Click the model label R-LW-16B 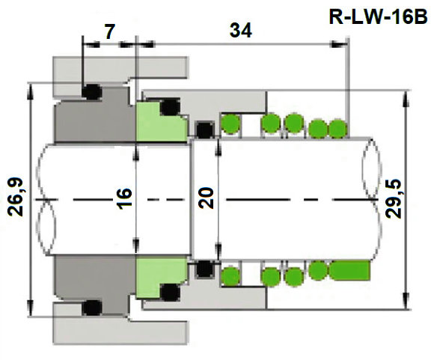point(378,16)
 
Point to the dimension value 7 point(109,31)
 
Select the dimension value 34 point(241,31)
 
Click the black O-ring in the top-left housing point(91,92)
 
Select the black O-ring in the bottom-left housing point(92,307)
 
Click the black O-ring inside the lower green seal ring point(171,292)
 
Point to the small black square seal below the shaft point(203,267)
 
